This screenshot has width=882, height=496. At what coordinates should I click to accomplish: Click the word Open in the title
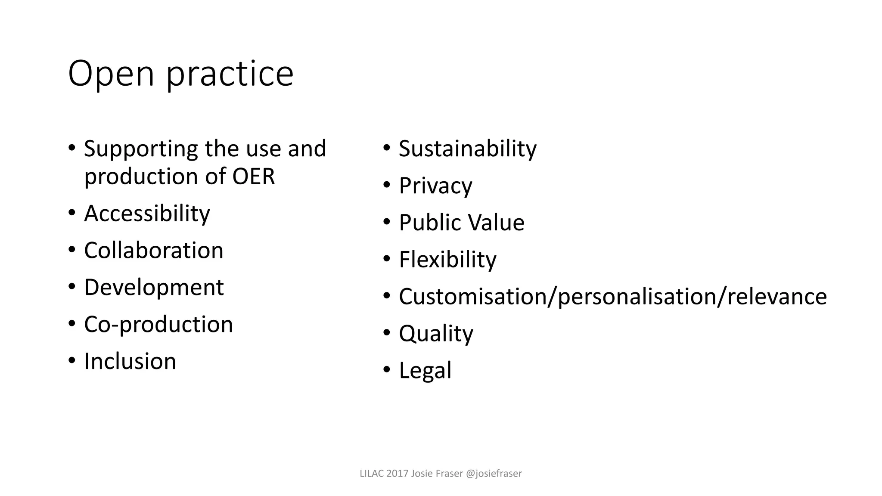click(111, 74)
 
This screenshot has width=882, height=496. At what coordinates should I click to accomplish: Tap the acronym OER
click(253, 177)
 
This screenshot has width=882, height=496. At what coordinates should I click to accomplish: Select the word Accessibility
click(147, 214)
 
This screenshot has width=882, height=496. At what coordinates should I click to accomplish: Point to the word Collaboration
click(154, 251)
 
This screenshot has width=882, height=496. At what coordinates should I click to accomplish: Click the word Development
click(154, 288)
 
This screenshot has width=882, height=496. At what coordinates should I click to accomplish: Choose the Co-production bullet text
click(158, 324)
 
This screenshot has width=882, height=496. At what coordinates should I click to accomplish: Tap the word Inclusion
click(130, 361)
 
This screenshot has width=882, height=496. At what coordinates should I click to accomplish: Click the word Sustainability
click(468, 149)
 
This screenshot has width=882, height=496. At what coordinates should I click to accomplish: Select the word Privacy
click(435, 186)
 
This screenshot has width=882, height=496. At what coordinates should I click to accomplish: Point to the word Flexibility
click(447, 260)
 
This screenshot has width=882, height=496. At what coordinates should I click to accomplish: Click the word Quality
click(436, 334)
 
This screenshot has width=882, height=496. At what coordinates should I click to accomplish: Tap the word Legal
click(425, 371)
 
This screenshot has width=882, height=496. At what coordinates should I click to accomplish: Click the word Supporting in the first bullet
click(141, 149)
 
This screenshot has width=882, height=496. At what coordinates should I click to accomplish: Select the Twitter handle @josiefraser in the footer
click(494, 474)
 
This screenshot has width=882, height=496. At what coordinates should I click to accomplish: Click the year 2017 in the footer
click(397, 474)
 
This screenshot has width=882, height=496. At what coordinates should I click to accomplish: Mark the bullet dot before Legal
click(386, 369)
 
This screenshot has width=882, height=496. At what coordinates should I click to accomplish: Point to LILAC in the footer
click(372, 474)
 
